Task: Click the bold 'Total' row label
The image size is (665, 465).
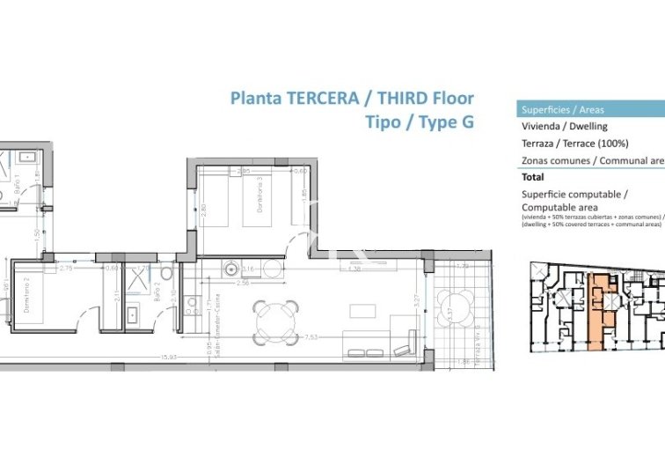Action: (533, 177)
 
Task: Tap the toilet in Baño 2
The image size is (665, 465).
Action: (166, 275)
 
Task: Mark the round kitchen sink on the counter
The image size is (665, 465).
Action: (232, 270)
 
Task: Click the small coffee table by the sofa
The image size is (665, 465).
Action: (362, 311)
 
